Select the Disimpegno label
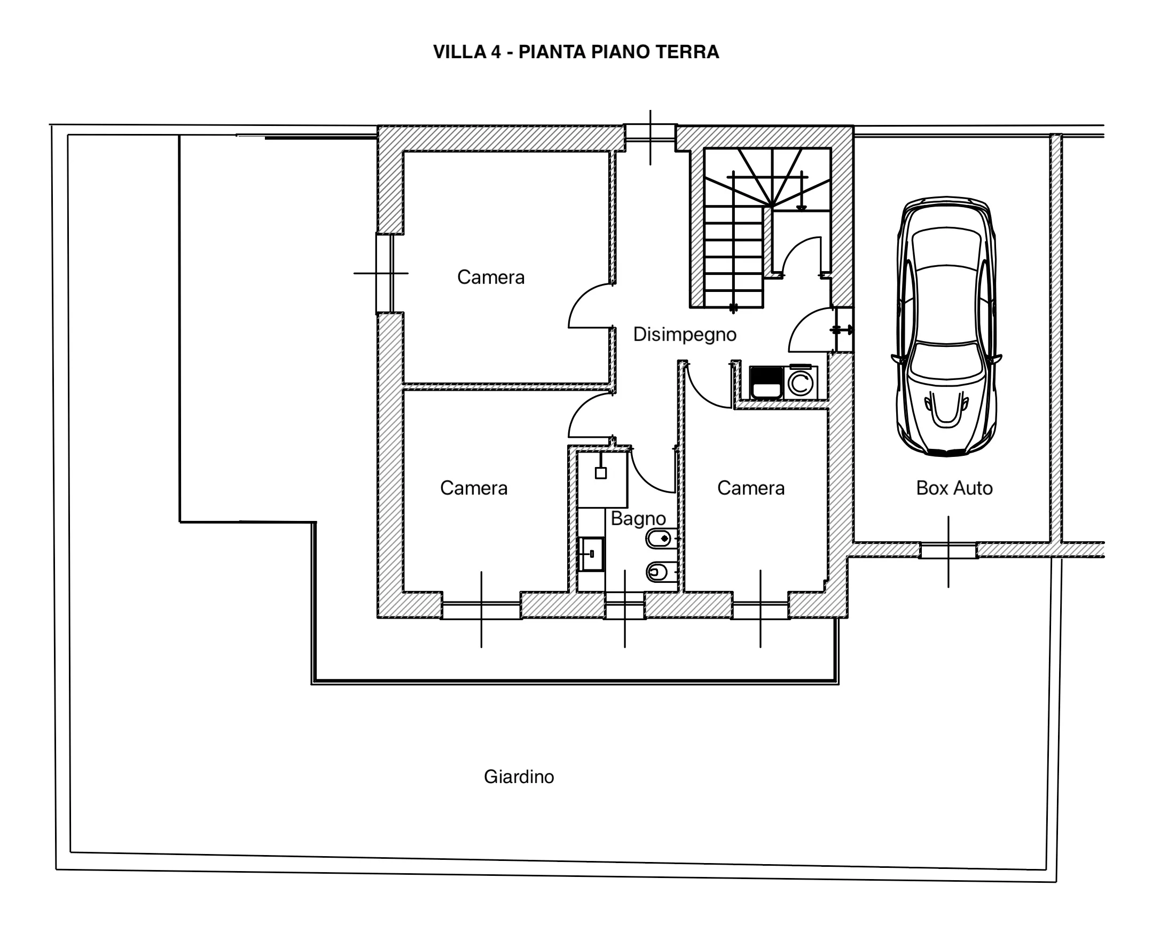[685, 334]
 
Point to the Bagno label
[638, 518]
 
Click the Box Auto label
[954, 488]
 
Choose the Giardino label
[519, 777]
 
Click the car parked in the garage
[947, 326]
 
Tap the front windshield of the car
[947, 360]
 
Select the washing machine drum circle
[801, 383]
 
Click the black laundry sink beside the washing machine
[766, 383]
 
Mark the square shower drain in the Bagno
[600, 473]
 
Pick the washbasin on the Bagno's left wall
[591, 554]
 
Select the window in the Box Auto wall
[948, 550]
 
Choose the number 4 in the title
[496, 52]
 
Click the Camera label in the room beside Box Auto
[751, 488]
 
